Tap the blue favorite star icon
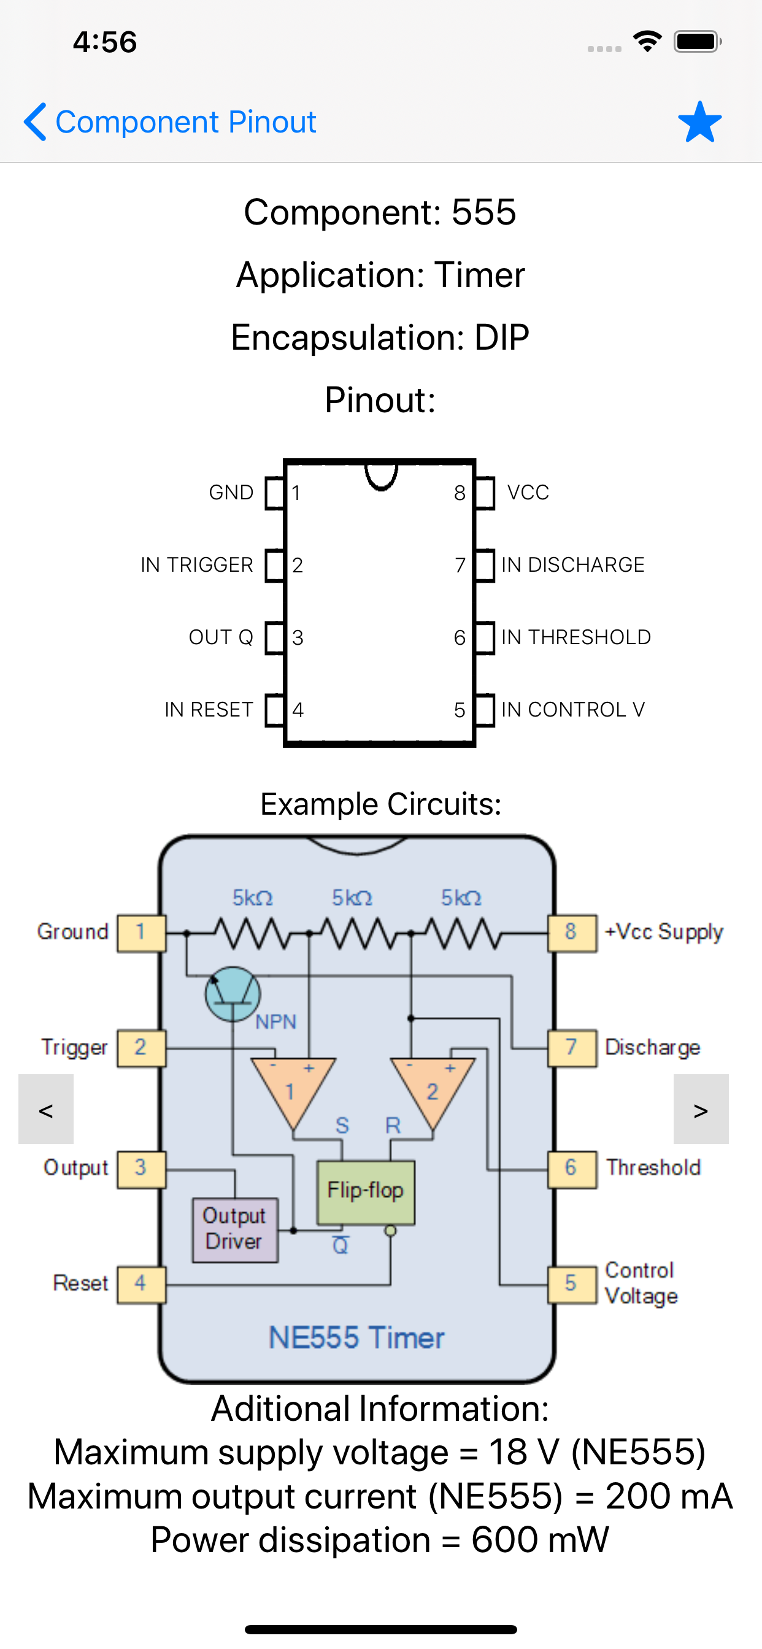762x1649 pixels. (699, 121)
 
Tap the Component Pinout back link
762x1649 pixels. (171, 121)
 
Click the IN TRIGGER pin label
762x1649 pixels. (196, 564)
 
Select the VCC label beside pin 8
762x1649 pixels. (528, 492)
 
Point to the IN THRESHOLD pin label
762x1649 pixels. (575, 637)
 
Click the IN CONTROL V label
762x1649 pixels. (572, 709)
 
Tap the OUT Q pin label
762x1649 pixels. (221, 637)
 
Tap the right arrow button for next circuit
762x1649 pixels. (701, 1109)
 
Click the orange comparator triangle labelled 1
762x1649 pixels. (292, 1088)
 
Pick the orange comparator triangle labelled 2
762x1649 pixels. (433, 1088)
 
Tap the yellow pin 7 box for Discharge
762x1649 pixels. (572, 1047)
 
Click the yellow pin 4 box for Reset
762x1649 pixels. (141, 1283)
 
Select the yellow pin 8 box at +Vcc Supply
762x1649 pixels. (572, 932)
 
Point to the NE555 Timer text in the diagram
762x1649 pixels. (356, 1337)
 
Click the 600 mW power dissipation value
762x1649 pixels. (540, 1540)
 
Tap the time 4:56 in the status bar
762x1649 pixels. (105, 42)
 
